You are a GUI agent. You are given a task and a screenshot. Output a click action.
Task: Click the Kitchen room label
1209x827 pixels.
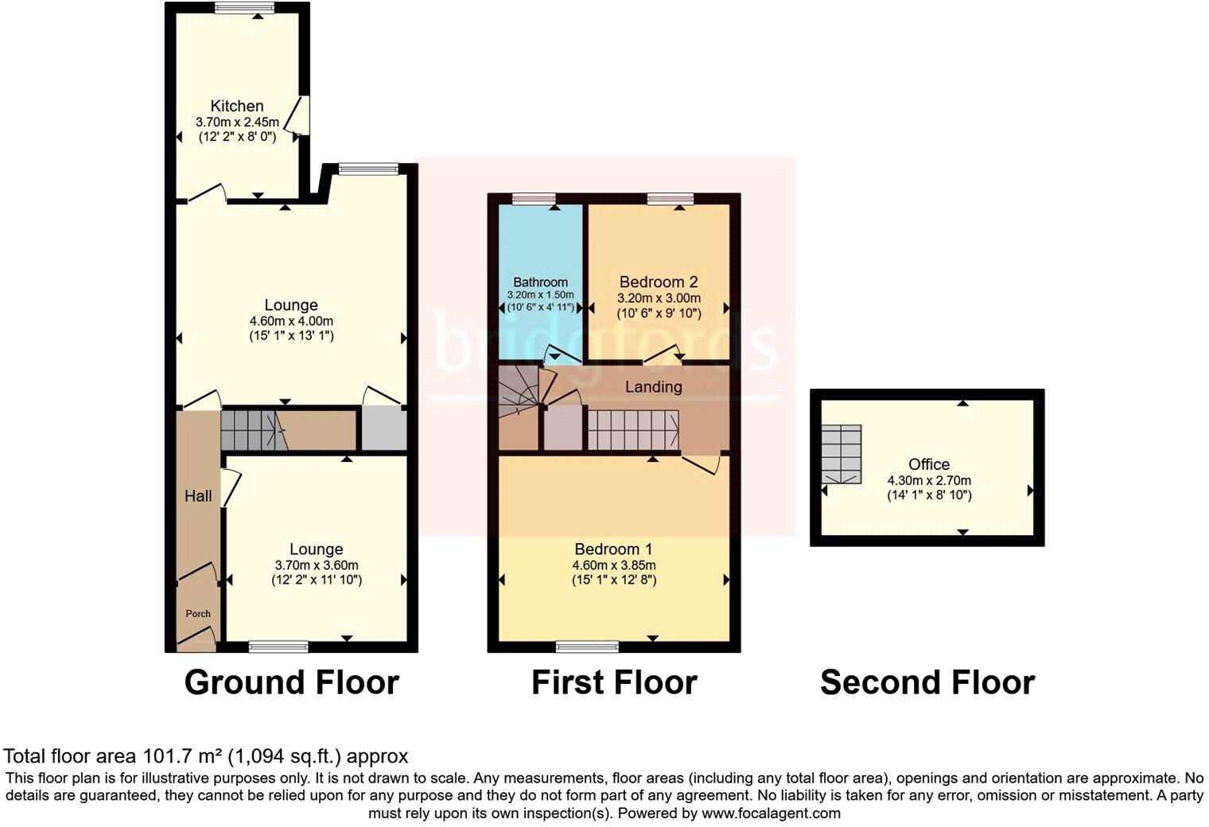tap(237, 106)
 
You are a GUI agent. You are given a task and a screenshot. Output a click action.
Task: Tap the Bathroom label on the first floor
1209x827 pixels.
tap(541, 282)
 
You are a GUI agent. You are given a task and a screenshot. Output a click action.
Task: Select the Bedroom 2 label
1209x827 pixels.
tap(658, 281)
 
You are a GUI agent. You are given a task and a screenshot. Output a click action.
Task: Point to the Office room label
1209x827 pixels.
tap(929, 464)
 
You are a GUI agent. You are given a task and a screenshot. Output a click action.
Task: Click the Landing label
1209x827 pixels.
tap(653, 387)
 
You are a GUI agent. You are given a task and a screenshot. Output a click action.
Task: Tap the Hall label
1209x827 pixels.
tap(198, 496)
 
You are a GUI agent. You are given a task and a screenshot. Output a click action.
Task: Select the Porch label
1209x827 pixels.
tap(198, 614)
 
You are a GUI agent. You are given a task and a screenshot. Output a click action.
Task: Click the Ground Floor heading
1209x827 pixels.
tap(291, 683)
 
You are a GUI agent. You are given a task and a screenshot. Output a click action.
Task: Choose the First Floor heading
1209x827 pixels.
tap(614, 683)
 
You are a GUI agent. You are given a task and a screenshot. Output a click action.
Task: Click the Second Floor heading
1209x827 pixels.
tap(927, 683)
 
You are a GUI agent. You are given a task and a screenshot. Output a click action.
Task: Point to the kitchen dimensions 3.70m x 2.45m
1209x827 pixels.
tap(237, 122)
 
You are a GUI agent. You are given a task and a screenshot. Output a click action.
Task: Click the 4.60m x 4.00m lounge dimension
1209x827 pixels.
tap(291, 321)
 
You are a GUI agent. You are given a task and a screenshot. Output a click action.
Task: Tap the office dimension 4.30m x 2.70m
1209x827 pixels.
tap(929, 480)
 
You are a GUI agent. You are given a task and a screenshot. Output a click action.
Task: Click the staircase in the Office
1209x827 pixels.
tap(842, 454)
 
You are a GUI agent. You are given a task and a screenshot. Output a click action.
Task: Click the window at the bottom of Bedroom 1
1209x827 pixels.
tap(587, 645)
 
